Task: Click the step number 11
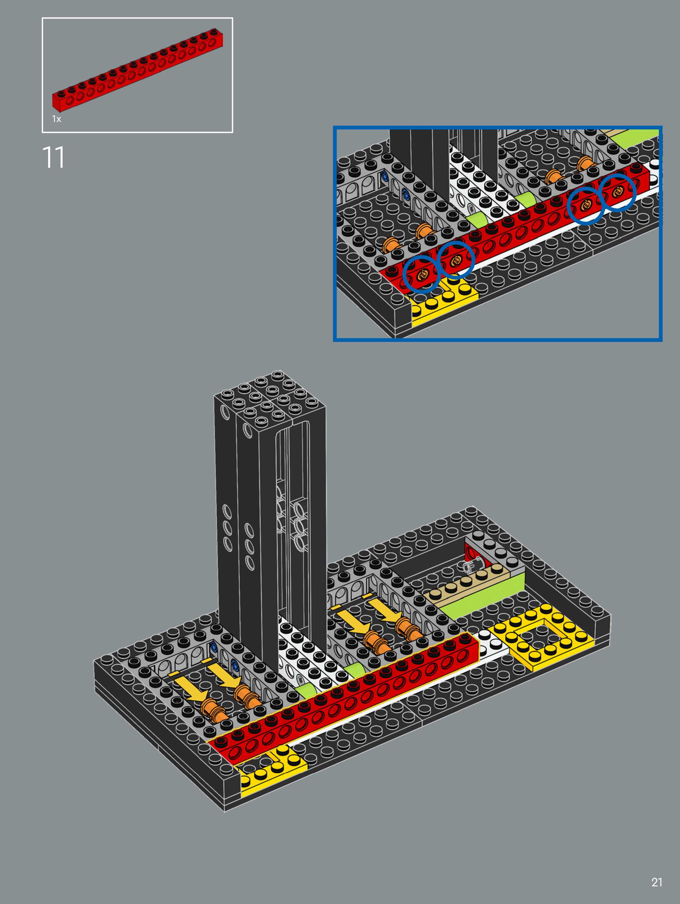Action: click(x=53, y=158)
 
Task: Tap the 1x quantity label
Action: click(x=56, y=119)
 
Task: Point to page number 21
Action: click(x=657, y=883)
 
